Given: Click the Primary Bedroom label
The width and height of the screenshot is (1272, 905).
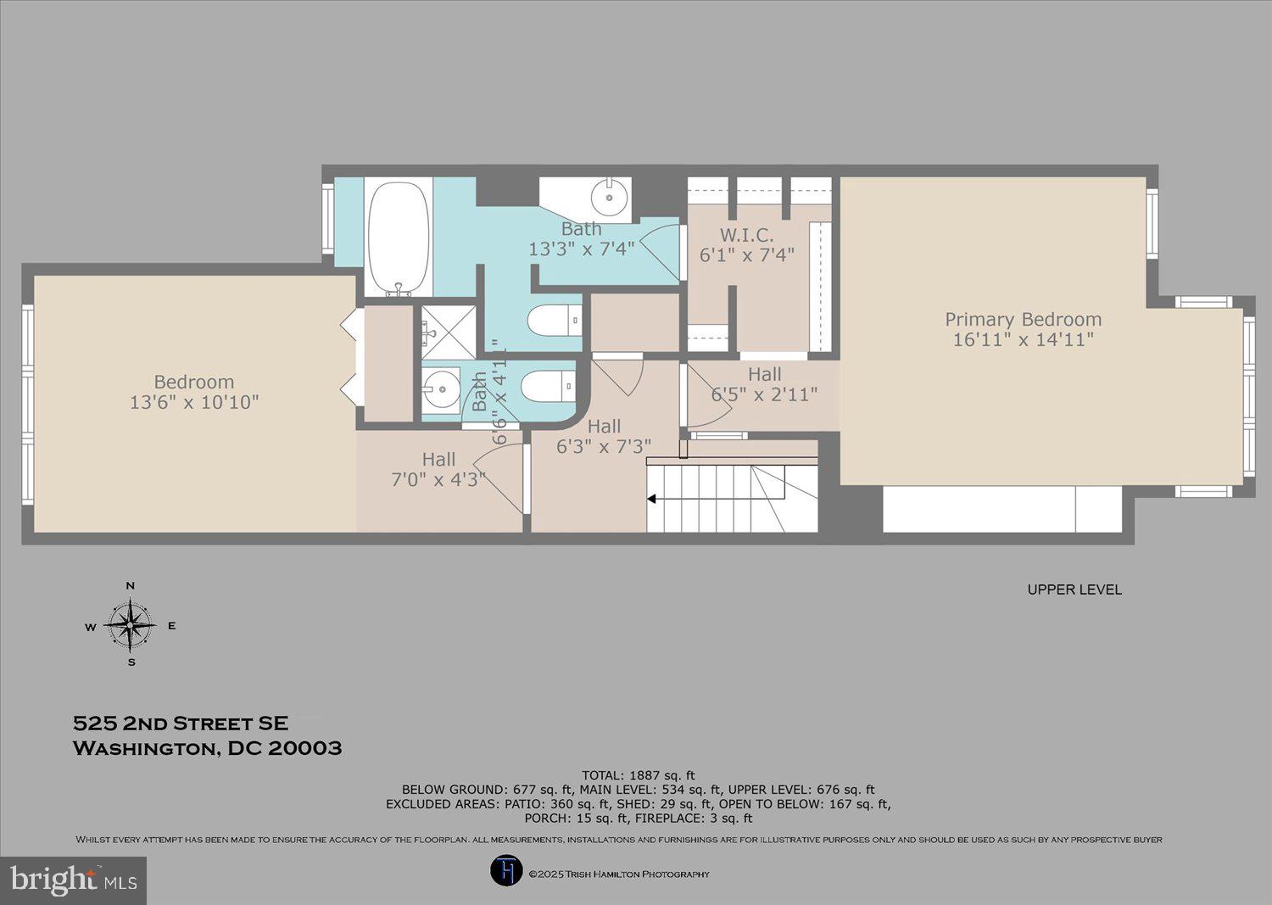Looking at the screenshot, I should (1023, 320).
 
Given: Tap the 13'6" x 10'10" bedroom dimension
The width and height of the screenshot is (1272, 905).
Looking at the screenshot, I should (194, 402).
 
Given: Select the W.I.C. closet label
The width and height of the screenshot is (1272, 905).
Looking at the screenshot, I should (746, 235).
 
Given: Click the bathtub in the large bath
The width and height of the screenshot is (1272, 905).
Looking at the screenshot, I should (398, 237).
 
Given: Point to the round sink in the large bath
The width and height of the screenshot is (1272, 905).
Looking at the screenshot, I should (610, 197).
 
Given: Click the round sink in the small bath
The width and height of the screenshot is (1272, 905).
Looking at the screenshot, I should (441, 391).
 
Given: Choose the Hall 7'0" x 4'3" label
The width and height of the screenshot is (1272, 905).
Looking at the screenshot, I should (438, 469).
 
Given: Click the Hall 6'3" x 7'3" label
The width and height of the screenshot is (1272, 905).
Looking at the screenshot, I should (604, 436).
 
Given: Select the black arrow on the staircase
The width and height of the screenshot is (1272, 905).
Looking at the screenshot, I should (652, 499).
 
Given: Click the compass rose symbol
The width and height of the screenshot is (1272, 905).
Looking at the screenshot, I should (131, 626).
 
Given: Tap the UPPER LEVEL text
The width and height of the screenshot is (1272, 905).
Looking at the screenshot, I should (1074, 589).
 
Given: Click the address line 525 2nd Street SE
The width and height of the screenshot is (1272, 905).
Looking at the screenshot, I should (181, 723).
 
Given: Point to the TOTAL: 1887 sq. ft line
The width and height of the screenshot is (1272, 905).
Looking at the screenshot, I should (638, 775).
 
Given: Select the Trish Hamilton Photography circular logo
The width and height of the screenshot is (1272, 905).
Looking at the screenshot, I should (506, 871).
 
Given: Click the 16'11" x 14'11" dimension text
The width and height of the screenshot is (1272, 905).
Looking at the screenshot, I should (1023, 340).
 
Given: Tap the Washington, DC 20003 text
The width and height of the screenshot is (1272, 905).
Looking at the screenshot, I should (208, 748).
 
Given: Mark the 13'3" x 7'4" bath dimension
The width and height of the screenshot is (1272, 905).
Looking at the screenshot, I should (581, 249).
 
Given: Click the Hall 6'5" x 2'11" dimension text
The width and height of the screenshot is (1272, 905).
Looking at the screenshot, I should (764, 394).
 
